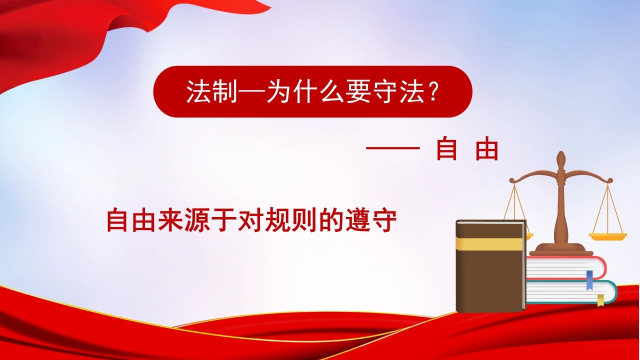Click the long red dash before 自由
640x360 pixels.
[x=393, y=148]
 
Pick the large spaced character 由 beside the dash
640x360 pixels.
[x=487, y=148]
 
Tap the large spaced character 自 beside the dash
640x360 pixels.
[x=446, y=148]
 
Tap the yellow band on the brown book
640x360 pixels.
[x=490, y=243]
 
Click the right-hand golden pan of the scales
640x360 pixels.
[x=607, y=236]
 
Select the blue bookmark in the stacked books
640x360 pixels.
[x=589, y=280]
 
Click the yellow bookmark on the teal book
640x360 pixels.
[x=601, y=300]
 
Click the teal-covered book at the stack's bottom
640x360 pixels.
[x=571, y=292]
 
